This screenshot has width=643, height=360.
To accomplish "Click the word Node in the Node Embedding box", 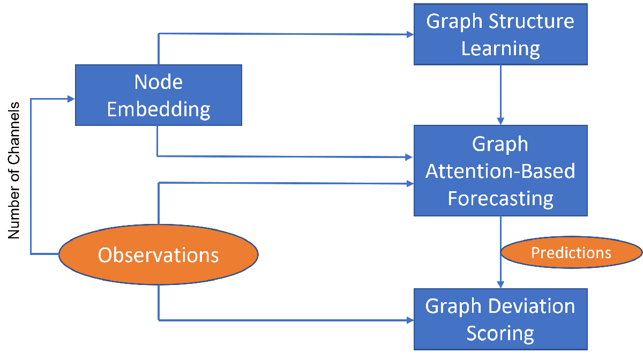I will tap(158, 82).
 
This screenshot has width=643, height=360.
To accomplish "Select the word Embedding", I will tap(158, 109).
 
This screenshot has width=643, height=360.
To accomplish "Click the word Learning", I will tap(500, 48).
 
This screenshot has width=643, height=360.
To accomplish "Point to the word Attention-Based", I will tap(500, 171).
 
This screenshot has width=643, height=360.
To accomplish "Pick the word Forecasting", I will tap(500, 198).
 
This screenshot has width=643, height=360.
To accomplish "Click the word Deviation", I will tap(531, 306).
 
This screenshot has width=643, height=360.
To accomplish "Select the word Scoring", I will tap(500, 333).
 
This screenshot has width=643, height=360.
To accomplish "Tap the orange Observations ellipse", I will tap(158, 255).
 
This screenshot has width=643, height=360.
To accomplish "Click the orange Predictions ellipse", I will tap(571, 253).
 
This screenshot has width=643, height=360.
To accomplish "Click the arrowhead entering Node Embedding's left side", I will tap(71, 99).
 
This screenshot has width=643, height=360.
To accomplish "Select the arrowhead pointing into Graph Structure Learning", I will tap(410, 34).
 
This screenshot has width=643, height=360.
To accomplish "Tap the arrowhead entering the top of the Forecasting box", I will tap(500, 121).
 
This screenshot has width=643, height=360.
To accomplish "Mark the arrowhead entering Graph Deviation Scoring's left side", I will tap(410, 320).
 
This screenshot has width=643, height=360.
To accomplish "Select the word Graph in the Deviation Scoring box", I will tap(453, 306).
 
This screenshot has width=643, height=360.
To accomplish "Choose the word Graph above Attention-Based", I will tap(500, 144).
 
